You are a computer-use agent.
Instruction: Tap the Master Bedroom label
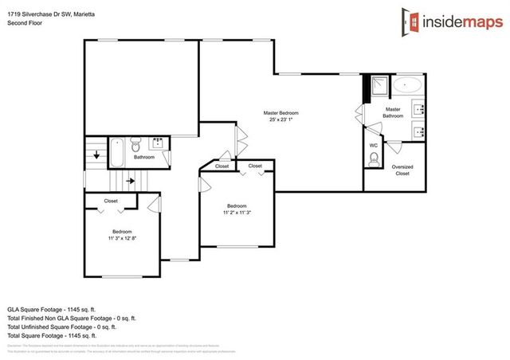coord(280,113)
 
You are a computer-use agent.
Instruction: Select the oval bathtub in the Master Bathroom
coord(411,84)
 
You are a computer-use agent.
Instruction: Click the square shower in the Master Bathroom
coord(377,84)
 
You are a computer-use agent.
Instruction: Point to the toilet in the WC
coord(373,160)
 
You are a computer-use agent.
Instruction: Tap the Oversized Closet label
coord(402,170)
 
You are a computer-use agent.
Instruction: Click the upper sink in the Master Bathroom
coord(419,108)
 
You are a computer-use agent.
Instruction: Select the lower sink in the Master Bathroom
coord(419,131)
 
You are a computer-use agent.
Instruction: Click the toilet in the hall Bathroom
coord(135,146)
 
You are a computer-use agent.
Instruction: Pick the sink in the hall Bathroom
coord(157,143)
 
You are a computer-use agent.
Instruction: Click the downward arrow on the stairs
coord(96,155)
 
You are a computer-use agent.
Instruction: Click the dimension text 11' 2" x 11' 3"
coord(237,212)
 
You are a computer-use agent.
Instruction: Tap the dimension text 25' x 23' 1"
coord(280,121)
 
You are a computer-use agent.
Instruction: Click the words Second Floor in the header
coord(25,23)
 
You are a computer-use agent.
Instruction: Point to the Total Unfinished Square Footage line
coord(62,327)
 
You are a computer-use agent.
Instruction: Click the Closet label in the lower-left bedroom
coord(111,201)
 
